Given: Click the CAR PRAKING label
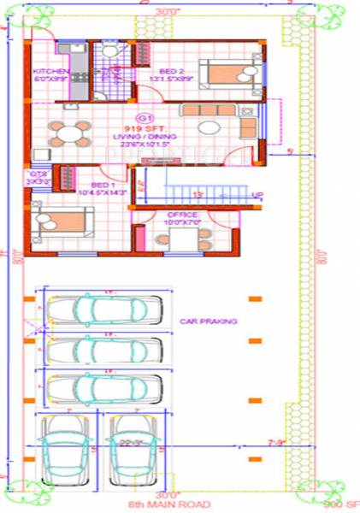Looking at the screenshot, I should tap(208, 321).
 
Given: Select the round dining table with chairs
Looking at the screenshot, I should tap(68, 133).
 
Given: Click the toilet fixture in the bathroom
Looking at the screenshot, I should tap(107, 53).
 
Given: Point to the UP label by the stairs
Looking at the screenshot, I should tap(257, 195).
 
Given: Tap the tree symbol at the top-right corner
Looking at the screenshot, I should tap(326, 9).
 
